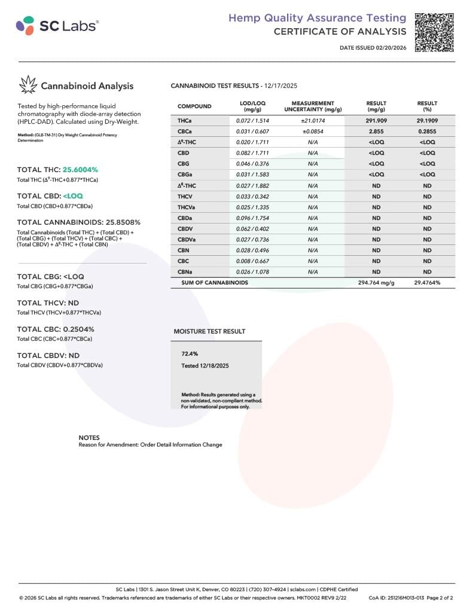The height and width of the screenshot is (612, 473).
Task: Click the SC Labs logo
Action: tap(57, 25)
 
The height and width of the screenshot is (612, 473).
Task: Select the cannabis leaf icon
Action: tap(28, 85)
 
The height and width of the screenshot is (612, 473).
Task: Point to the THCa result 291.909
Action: tap(376, 121)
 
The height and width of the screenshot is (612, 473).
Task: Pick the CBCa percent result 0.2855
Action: tap(427, 131)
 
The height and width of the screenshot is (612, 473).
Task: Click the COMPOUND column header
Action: tap(194, 106)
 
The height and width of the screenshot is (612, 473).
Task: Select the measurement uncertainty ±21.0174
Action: tap(312, 121)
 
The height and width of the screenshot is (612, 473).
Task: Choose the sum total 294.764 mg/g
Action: tap(376, 282)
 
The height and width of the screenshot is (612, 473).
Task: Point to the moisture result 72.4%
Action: tap(190, 353)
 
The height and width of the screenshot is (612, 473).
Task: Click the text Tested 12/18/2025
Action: tap(205, 365)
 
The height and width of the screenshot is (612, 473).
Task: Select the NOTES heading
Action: tap(89, 437)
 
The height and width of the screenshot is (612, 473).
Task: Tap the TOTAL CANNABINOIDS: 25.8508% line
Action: tap(78, 222)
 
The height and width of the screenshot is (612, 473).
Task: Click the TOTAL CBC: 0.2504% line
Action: tap(55, 329)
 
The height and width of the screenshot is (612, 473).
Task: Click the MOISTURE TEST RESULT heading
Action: tap(209, 331)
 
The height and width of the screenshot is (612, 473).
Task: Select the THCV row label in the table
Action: tap(185, 196)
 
